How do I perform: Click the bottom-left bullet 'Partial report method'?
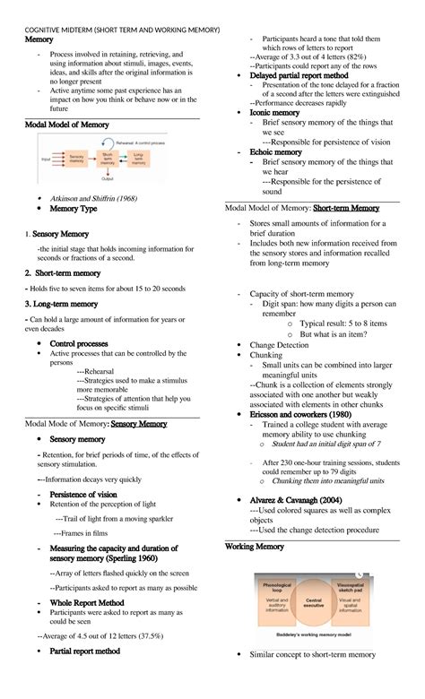click(x=84, y=652)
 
